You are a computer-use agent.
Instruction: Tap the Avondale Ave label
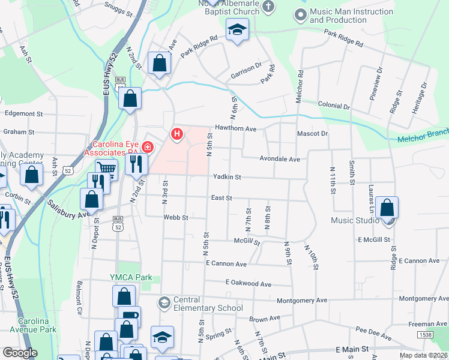point(279,159)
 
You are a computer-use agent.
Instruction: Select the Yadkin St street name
point(227,177)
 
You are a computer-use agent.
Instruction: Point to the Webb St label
point(176,217)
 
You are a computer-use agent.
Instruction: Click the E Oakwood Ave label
point(249,283)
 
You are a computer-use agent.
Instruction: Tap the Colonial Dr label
point(334,106)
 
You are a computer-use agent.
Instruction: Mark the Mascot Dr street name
point(312,134)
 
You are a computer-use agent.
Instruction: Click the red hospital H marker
point(176,134)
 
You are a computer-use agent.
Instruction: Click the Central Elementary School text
point(208,304)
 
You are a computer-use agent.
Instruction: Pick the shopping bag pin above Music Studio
point(388,208)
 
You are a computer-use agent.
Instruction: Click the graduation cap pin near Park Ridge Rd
point(237,29)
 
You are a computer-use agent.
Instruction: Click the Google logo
point(20,353)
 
